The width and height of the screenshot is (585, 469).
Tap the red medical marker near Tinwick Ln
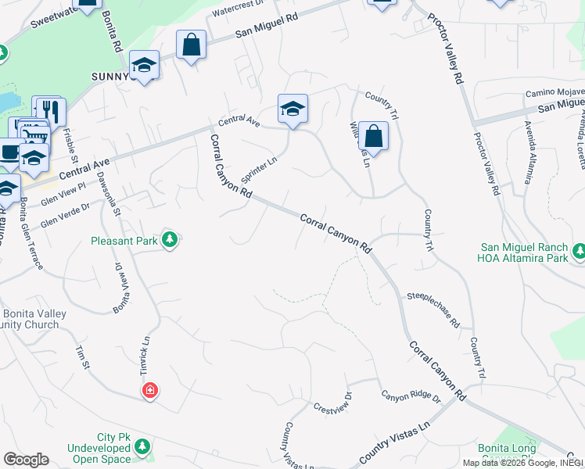point(149,390)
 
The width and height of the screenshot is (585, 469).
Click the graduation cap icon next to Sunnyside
point(145,65)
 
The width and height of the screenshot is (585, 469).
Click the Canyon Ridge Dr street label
point(411,397)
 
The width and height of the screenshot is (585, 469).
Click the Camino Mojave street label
point(554,92)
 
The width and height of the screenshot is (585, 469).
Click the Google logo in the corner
point(26,460)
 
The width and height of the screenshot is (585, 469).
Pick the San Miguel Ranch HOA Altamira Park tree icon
point(579,251)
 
